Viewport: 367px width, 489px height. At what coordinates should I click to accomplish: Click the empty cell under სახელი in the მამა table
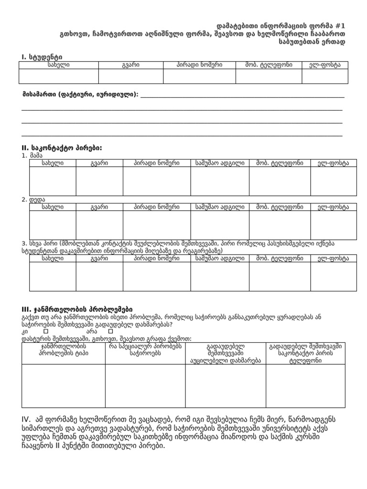[x=53, y=181]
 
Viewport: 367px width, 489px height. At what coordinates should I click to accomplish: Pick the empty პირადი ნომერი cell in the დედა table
[x=157, y=225]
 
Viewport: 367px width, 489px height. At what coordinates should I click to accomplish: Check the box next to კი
[x=46, y=330]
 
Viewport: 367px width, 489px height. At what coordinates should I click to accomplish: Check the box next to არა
[x=110, y=330]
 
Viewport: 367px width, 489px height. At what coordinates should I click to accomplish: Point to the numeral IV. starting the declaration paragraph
[x=27, y=419]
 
